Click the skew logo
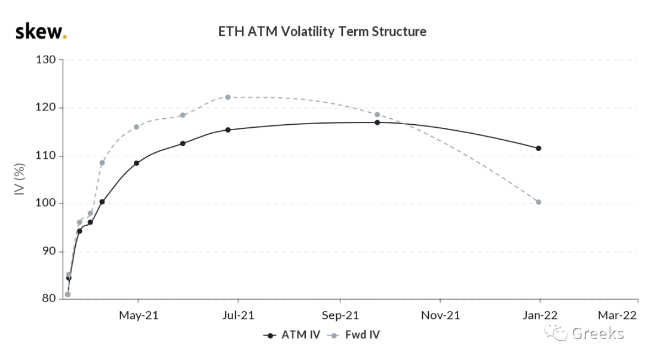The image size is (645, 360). click(x=41, y=32)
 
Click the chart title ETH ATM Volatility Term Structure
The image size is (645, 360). click(x=322, y=32)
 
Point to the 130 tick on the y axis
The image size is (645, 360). click(x=45, y=60)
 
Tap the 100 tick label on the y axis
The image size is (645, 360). click(x=45, y=203)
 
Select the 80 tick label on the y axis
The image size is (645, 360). click(x=49, y=299)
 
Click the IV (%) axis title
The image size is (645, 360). click(x=20, y=179)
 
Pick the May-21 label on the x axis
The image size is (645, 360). click(x=139, y=316)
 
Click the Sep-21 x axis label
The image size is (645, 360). click(x=340, y=316)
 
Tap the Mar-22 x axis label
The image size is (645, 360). click(x=617, y=316)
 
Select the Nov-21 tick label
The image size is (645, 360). click(x=440, y=316)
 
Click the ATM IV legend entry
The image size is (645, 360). click(x=291, y=335)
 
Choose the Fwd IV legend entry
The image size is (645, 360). click(x=354, y=335)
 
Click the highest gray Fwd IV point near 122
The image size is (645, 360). click(x=228, y=97)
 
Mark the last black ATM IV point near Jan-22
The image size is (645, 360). click(x=539, y=148)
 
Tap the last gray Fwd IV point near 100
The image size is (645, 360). click(x=539, y=202)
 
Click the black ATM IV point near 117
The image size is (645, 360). click(x=377, y=122)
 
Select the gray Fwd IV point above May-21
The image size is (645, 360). click(x=137, y=127)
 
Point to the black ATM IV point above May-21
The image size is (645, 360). click(x=137, y=163)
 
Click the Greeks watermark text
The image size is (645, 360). click(x=598, y=333)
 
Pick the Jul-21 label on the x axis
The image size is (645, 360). click(x=238, y=316)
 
